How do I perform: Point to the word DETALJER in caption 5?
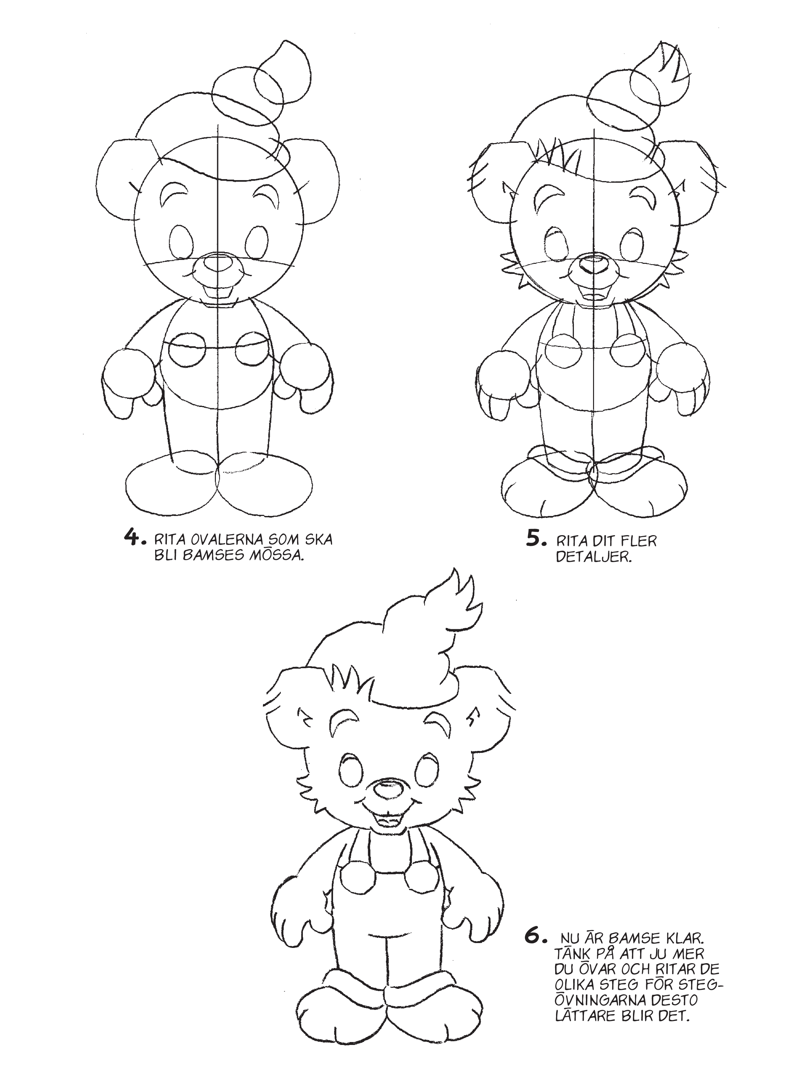click(594, 557)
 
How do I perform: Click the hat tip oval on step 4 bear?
click(281, 71)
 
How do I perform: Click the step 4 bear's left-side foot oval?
click(171, 488)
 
